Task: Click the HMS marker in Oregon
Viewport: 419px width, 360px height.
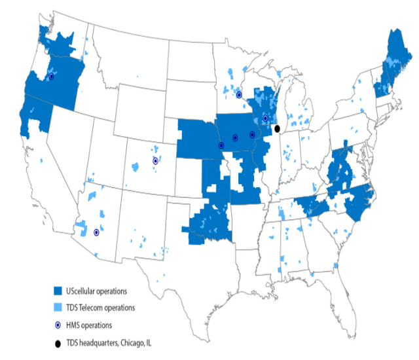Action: [52, 77]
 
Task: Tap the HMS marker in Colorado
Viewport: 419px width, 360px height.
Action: [155, 160]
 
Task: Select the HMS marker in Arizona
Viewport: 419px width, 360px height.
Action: [96, 232]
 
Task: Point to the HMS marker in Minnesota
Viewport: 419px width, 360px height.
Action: [239, 95]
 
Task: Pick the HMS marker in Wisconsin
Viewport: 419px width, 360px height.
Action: [265, 118]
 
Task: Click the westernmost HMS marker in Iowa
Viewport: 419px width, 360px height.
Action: [221, 145]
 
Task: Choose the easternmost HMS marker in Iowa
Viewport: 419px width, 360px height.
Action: [252, 135]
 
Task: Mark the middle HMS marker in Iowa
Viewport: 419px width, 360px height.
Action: [234, 137]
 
